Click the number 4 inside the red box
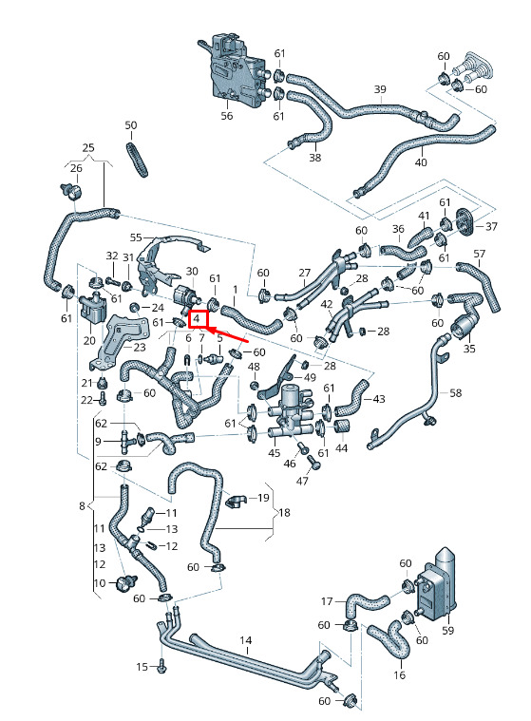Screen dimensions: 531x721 point(197,317)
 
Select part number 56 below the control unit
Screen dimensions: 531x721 point(227,115)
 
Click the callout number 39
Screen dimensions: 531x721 point(380,88)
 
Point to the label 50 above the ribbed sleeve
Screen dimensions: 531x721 point(131,125)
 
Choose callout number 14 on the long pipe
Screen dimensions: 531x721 point(246,640)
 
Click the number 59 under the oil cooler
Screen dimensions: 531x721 point(447,630)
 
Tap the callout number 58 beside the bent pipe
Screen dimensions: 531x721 point(455,392)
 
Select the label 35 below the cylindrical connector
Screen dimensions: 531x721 point(469,349)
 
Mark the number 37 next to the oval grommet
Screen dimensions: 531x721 point(491,226)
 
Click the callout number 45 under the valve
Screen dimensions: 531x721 point(274,453)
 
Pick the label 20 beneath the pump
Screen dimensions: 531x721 point(89,340)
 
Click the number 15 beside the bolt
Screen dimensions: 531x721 point(142,667)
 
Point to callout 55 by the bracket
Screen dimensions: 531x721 point(136,237)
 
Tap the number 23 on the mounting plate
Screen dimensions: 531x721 point(140,348)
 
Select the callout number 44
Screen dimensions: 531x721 point(342,447)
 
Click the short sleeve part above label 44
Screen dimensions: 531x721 point(342,427)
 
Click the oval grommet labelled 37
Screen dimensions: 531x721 point(465,221)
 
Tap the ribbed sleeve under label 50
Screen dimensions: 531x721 point(138,159)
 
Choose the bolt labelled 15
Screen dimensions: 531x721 point(161,665)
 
